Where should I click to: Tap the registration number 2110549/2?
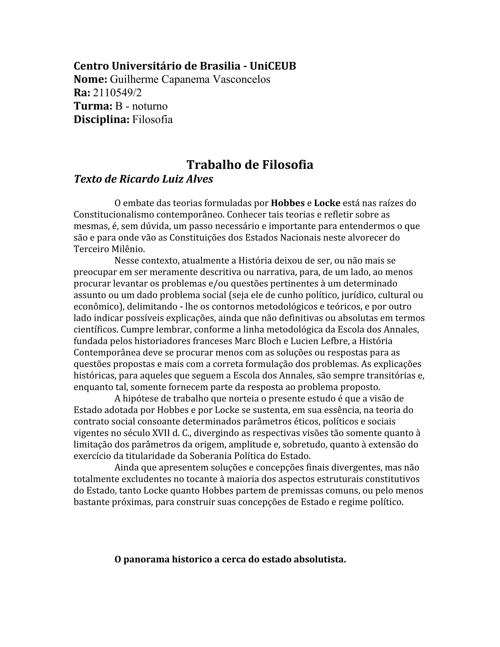117,93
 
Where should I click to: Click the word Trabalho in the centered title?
213,165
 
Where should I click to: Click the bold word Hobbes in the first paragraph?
288,203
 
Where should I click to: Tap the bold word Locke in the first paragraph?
327,203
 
